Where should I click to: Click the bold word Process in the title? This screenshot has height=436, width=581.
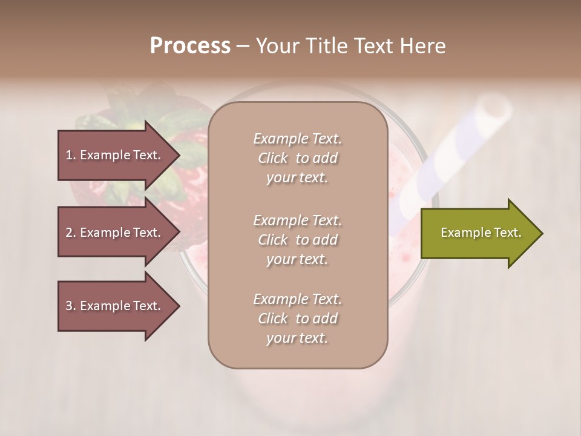click(190, 46)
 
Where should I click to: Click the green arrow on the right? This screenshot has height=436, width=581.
click(478, 233)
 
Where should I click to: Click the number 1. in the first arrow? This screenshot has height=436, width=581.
click(71, 155)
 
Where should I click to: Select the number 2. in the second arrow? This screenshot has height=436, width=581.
click(71, 233)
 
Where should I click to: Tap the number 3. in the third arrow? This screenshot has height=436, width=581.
click(71, 306)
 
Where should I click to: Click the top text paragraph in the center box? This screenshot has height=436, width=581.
click(297, 158)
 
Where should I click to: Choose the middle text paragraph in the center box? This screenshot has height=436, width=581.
click(297, 240)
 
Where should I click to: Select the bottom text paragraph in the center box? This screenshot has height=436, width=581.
click(297, 319)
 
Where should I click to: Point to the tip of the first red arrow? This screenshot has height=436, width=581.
click(179, 155)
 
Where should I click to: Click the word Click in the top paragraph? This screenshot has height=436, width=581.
click(273, 158)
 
